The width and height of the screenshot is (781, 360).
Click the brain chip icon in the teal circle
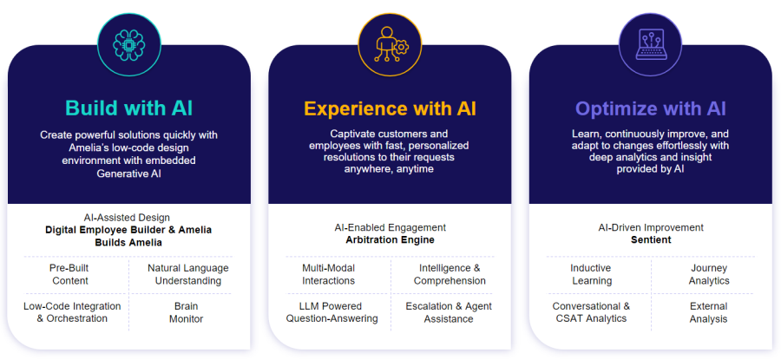[x=129, y=45]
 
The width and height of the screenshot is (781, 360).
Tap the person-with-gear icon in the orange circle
[x=390, y=45]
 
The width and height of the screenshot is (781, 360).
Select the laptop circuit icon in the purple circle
[x=651, y=45]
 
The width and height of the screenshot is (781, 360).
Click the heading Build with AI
[x=129, y=108]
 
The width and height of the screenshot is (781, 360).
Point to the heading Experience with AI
[x=390, y=108]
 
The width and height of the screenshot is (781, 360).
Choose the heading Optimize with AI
[x=651, y=108]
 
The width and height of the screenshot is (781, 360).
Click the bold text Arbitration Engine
[x=390, y=240]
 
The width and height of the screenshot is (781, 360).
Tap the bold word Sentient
[x=651, y=240]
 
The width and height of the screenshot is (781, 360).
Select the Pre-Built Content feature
[x=70, y=274]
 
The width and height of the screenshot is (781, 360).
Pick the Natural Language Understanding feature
[x=187, y=274]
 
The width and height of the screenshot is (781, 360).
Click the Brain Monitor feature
[x=186, y=312]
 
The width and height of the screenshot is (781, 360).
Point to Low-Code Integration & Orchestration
[x=72, y=312]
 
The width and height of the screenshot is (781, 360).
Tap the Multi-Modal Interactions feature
[x=328, y=274]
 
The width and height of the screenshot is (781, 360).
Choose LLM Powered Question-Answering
[x=331, y=312]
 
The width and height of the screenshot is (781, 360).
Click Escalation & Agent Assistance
[x=449, y=312]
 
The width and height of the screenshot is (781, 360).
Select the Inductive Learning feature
[x=591, y=274]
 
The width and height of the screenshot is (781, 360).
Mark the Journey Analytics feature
[x=709, y=274]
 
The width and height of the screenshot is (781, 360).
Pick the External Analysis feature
[x=708, y=312]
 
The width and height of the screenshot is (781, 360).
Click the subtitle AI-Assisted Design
[x=127, y=218]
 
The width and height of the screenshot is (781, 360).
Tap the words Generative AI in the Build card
[x=129, y=173]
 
